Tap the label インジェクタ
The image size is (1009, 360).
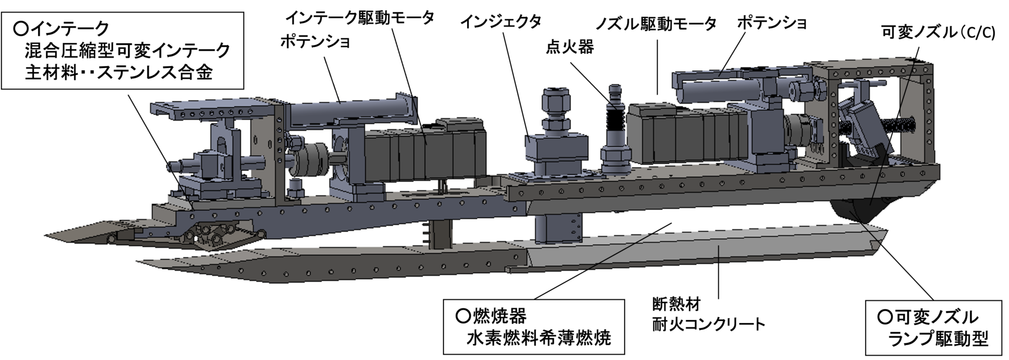tap(501, 22)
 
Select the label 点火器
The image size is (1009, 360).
tap(570, 47)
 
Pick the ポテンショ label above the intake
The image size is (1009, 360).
tap(315, 42)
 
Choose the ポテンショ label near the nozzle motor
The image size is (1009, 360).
tap(772, 23)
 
